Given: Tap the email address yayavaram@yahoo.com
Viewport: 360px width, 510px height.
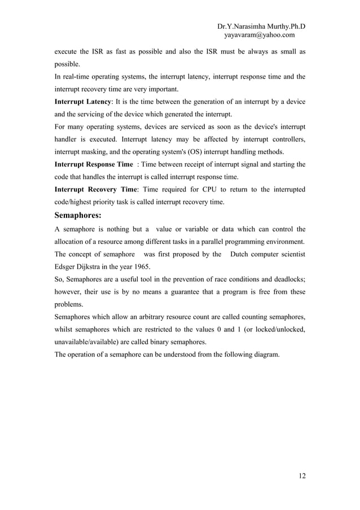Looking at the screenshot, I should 260,36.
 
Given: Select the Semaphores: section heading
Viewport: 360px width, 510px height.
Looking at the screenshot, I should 77,215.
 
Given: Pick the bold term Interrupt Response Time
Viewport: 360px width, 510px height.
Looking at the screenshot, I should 94,164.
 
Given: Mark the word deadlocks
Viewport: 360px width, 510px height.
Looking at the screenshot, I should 286,279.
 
